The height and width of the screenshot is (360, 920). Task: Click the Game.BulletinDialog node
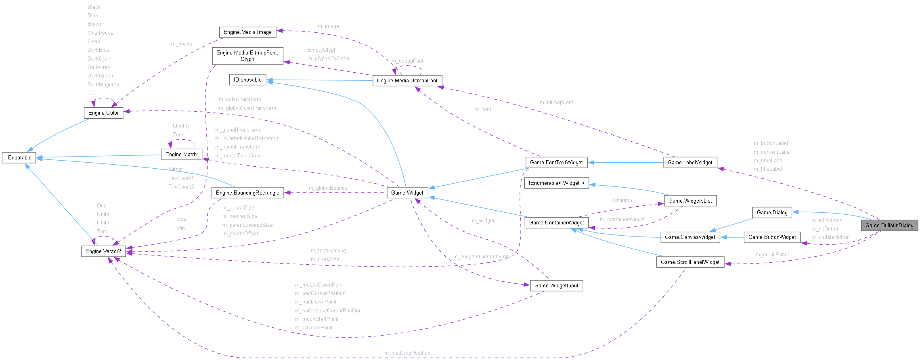889,225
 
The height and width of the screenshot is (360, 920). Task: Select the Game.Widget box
407,193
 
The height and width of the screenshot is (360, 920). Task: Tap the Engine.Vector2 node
103,251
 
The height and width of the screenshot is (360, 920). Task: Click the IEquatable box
19,157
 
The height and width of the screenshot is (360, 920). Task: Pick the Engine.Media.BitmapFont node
407,80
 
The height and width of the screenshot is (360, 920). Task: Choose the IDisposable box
247,80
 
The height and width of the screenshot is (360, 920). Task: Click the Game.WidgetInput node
556,285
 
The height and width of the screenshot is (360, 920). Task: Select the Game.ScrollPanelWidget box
690,262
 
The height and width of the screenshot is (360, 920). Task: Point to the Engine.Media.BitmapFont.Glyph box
247,56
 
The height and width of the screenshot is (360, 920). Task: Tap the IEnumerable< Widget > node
556,183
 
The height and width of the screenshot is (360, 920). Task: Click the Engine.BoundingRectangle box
247,193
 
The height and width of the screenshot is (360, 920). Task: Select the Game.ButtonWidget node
772,237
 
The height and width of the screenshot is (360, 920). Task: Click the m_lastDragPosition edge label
407,353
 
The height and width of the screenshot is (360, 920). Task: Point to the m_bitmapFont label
556,103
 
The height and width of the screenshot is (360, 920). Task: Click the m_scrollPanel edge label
772,254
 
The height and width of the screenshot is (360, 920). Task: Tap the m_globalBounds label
328,188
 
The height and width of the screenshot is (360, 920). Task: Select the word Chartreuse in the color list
100,33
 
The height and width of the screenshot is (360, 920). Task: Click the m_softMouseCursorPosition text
328,310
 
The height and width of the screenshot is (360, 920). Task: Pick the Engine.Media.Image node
247,32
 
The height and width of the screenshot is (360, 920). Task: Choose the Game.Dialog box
772,212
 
